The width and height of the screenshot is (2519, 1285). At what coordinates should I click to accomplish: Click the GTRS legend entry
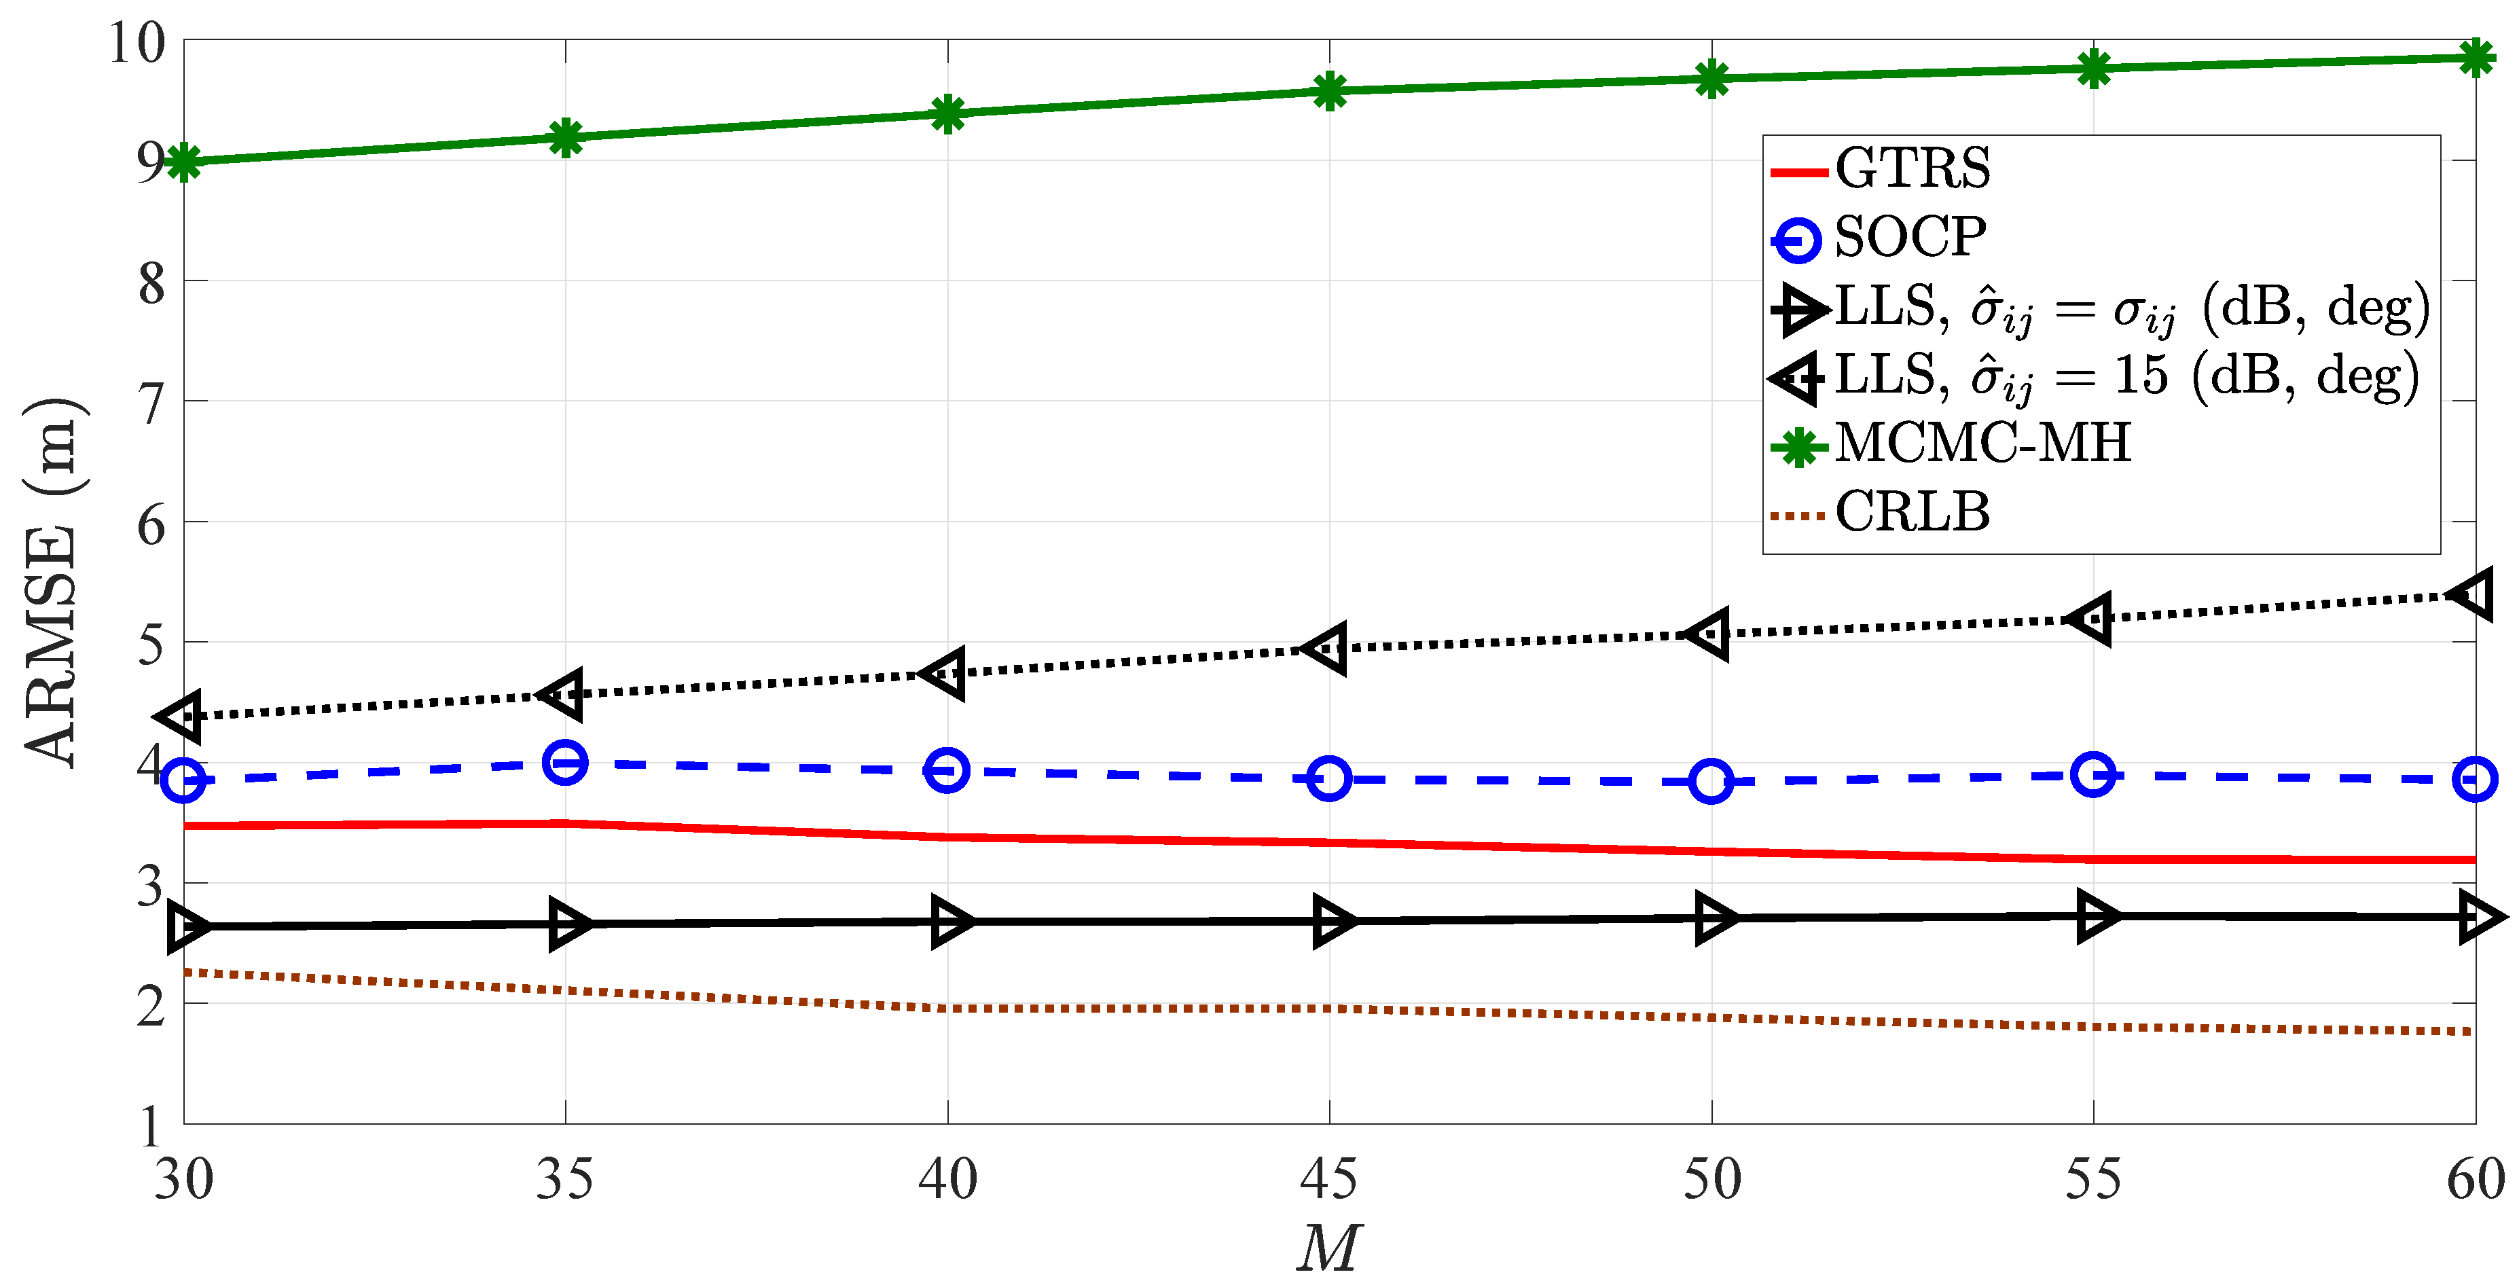click(x=1912, y=169)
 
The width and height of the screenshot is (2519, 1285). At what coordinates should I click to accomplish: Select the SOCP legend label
click(x=1910, y=238)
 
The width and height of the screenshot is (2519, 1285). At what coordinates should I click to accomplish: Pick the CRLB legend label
click(x=1912, y=512)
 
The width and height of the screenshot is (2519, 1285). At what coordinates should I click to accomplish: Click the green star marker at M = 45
click(x=1329, y=91)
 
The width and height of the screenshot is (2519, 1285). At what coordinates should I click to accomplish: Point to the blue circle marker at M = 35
click(x=565, y=762)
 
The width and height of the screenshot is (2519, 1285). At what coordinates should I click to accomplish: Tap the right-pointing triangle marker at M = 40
click(x=949, y=921)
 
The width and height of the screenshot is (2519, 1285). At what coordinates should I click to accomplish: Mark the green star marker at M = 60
click(x=2475, y=58)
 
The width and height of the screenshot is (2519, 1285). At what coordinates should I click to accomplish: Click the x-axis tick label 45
click(x=1329, y=1180)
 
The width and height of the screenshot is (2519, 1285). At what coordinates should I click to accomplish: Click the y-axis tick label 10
click(x=137, y=44)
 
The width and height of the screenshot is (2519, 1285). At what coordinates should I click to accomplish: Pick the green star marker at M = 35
click(x=565, y=137)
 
